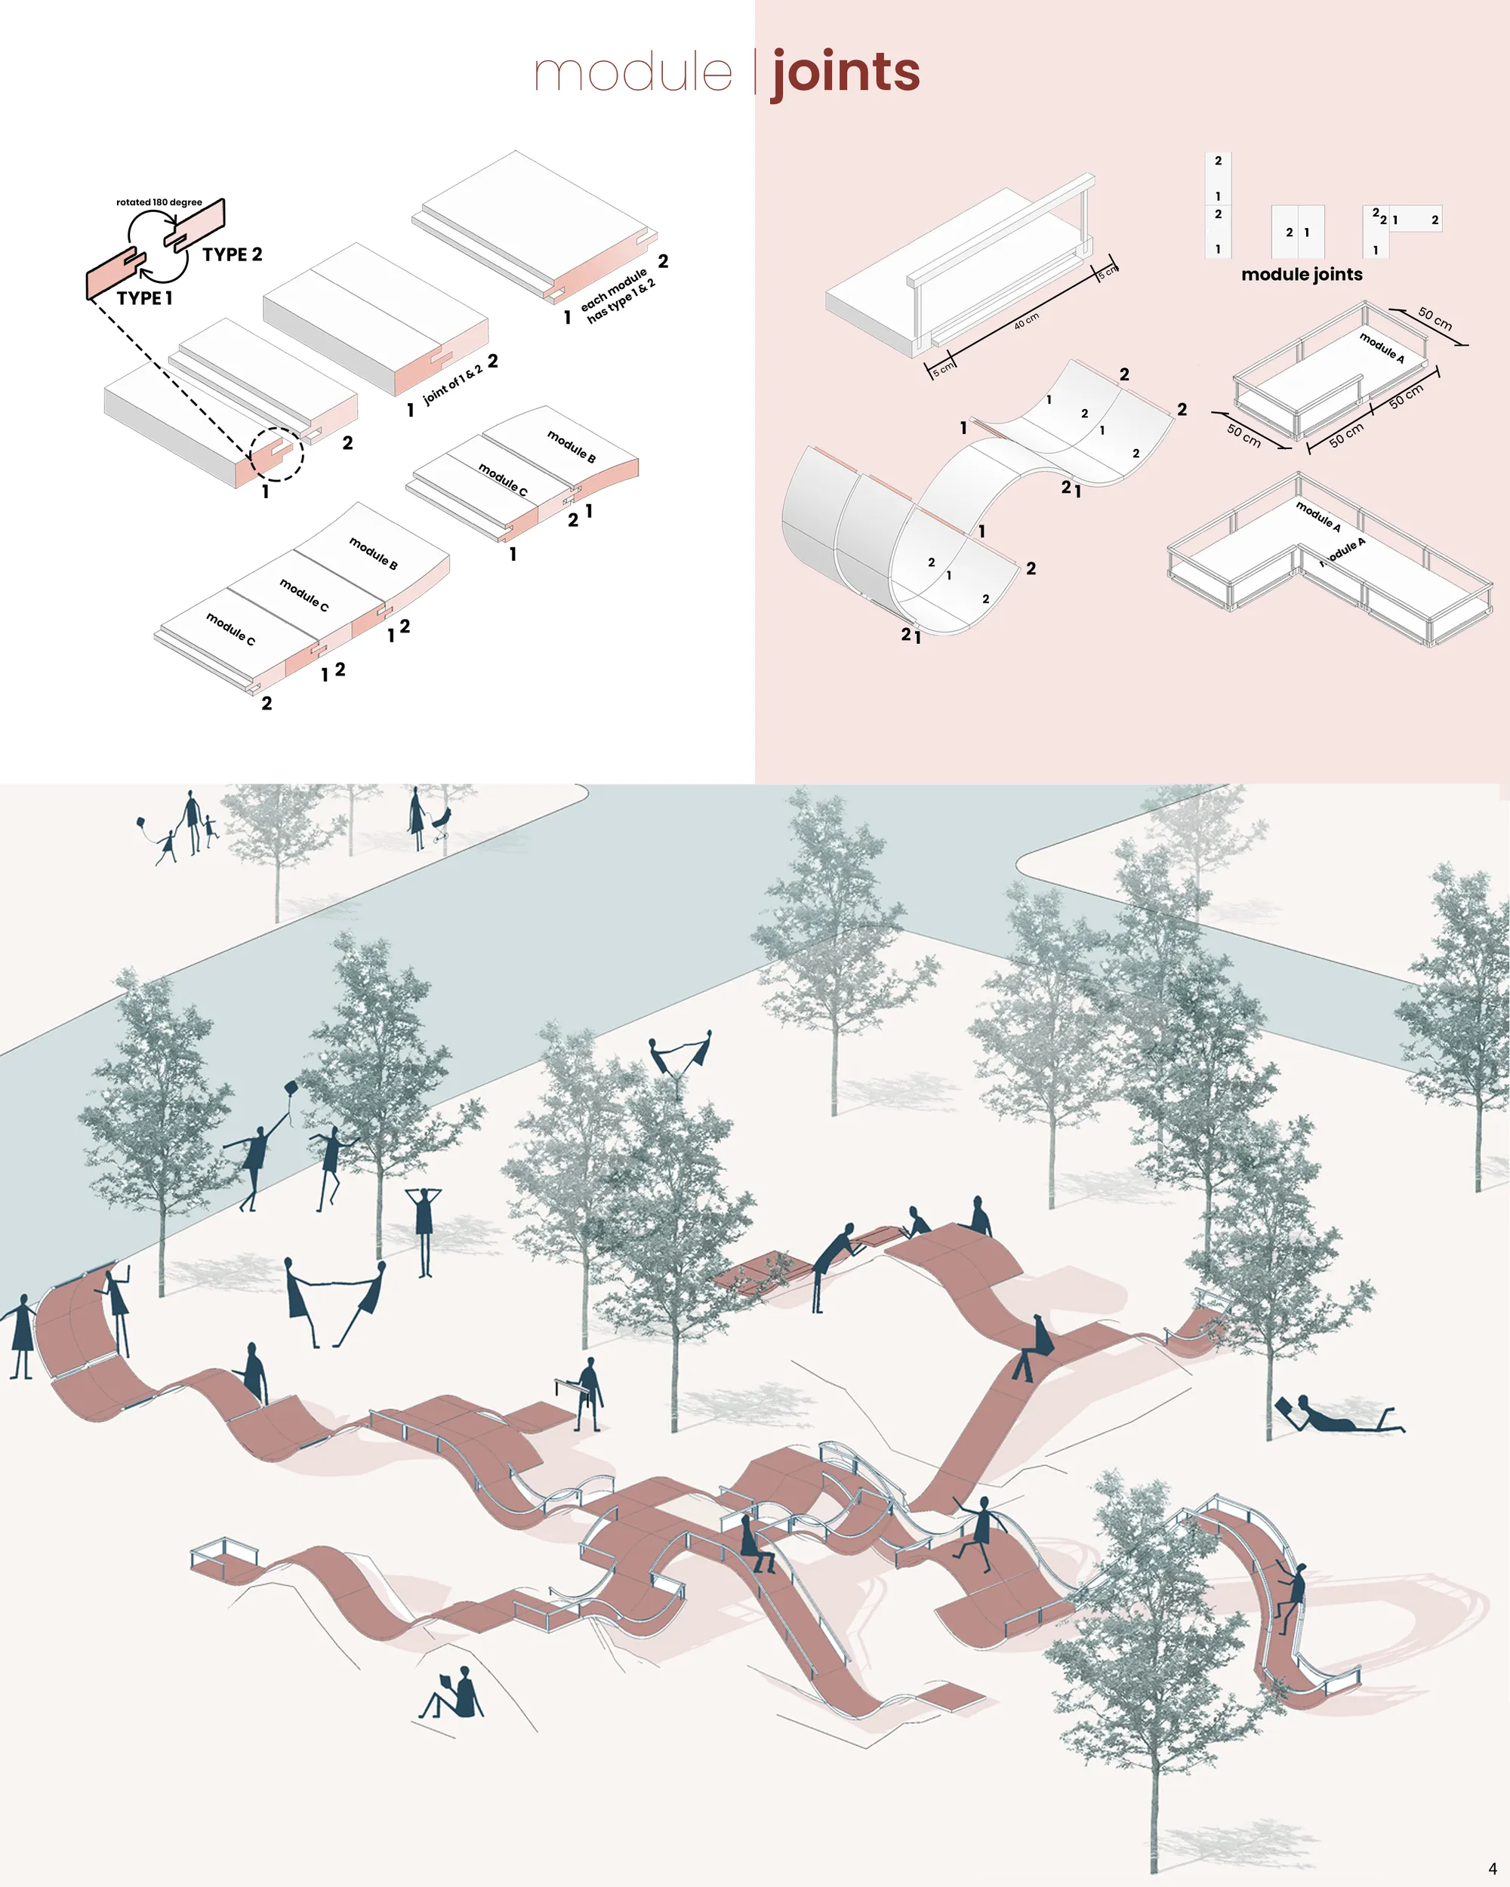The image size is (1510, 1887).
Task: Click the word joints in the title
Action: (846, 73)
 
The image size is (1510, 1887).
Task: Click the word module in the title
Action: (633, 72)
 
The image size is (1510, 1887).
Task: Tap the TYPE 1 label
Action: (144, 297)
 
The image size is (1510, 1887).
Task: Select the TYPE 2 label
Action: (232, 254)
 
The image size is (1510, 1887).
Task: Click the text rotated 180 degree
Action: (159, 202)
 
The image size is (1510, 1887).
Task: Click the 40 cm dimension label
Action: (1027, 320)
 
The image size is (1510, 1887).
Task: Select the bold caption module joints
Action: (1302, 274)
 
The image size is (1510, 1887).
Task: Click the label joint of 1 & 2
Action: (452, 385)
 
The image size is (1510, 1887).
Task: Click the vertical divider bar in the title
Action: (756, 72)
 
